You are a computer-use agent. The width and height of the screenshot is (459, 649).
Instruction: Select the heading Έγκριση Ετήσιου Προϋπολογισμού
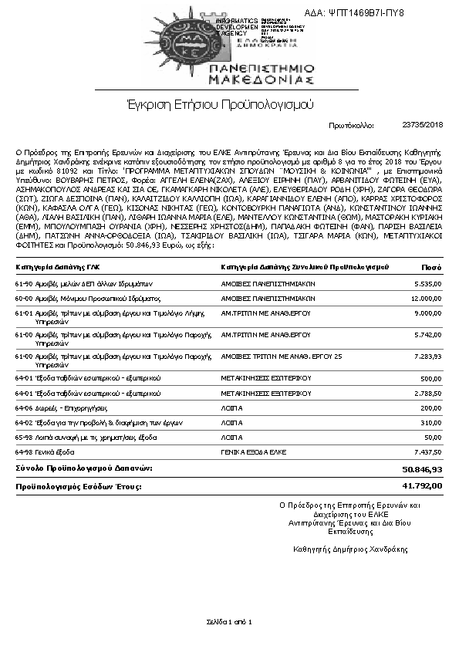click(229, 103)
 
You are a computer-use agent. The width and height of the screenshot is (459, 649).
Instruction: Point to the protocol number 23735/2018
click(423, 124)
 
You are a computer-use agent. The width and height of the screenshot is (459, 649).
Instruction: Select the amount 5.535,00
click(427, 283)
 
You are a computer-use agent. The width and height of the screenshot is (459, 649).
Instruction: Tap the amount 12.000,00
click(426, 297)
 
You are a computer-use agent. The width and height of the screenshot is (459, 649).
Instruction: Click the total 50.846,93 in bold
click(422, 468)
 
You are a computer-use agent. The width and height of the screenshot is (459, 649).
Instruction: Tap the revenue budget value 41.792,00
click(422, 486)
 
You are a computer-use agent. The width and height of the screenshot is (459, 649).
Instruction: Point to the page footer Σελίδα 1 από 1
click(229, 621)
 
